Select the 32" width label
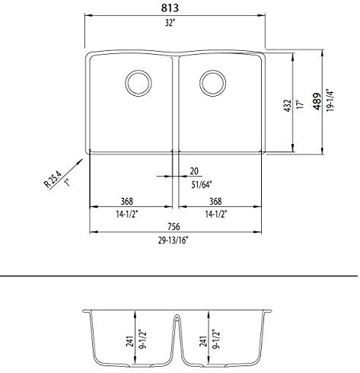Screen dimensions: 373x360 tap(178, 24)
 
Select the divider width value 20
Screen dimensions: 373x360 tap(193, 171)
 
